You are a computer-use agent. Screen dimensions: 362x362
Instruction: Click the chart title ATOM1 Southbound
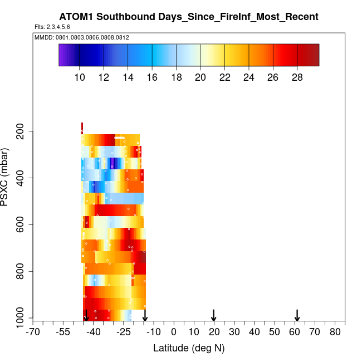189,17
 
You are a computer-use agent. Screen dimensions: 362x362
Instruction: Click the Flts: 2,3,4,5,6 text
52,27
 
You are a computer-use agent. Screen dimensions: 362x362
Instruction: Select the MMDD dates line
82,37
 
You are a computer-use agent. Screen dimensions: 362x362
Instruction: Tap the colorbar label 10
80,77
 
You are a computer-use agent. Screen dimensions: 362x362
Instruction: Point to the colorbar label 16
152,77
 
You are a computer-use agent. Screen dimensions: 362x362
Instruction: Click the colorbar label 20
200,77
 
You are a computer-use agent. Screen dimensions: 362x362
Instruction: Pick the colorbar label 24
249,77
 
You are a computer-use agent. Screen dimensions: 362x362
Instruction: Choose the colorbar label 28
297,77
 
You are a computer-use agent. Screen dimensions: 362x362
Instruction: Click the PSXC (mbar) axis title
6,178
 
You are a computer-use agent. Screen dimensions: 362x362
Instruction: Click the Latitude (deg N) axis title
189,348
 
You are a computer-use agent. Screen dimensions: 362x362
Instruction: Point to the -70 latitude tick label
33,332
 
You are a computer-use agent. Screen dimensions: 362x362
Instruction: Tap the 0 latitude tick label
174,332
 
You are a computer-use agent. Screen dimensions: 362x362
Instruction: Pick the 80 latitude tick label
335,332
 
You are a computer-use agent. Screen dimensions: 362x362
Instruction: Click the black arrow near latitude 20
214,315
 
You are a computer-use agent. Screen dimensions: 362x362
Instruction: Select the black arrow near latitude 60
297,315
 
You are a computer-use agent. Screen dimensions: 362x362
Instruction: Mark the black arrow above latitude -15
145,315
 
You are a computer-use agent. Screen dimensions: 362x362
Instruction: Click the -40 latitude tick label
94,332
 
